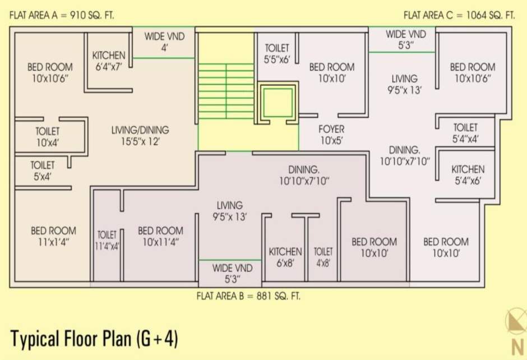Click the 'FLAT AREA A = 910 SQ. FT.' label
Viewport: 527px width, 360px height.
[62, 15]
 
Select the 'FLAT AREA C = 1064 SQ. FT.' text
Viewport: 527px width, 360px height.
[459, 15]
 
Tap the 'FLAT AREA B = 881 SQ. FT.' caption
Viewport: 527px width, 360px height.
[248, 296]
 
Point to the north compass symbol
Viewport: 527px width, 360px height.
[515, 331]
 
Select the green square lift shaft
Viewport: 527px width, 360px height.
[278, 102]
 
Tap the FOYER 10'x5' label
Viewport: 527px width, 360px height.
[331, 135]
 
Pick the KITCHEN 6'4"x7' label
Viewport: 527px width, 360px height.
[109, 61]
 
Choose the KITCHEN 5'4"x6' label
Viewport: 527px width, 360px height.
[468, 175]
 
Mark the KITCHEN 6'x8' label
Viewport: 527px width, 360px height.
[285, 257]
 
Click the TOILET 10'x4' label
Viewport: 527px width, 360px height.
[48, 137]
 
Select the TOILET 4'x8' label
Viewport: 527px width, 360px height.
[323, 257]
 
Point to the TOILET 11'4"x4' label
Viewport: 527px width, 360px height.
[107, 240]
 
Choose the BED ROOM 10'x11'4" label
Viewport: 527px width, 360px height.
[160, 237]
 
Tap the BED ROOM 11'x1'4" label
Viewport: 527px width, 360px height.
[53, 236]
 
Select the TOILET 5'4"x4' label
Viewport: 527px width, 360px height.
[465, 133]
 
